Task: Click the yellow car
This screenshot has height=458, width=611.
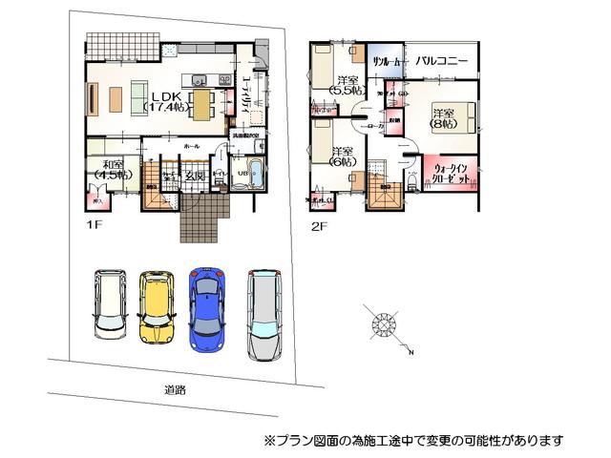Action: (155, 309)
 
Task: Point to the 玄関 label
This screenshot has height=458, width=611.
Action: (195, 177)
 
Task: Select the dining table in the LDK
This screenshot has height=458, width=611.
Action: (202, 100)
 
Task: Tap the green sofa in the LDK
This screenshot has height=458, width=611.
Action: (115, 97)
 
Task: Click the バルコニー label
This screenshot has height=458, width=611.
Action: (441, 61)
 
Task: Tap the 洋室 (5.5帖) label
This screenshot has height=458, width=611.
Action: (348, 84)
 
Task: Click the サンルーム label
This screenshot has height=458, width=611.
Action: (387, 60)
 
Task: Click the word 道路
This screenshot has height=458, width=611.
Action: (174, 389)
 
